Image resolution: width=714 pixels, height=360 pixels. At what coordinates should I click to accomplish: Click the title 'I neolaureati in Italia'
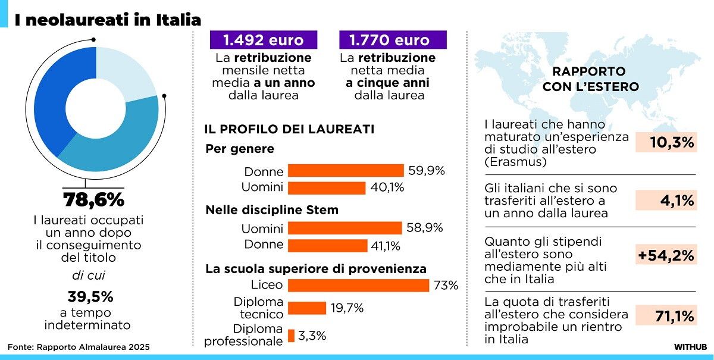108,20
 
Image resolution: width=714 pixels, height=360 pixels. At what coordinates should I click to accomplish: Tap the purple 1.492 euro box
264,40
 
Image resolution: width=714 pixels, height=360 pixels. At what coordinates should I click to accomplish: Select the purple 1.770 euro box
393,40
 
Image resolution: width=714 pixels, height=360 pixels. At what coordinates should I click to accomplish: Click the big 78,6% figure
94,199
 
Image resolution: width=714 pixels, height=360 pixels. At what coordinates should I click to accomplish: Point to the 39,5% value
90,296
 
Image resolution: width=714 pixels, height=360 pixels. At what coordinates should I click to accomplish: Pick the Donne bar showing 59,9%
346,171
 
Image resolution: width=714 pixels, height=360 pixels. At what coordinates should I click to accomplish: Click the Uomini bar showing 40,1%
326,188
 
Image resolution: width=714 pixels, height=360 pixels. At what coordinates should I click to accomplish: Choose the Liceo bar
358,285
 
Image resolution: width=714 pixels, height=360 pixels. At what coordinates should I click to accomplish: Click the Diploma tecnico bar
307,308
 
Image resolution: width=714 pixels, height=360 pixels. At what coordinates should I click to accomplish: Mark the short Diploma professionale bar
291,336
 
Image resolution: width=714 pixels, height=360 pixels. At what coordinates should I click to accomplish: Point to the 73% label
446,286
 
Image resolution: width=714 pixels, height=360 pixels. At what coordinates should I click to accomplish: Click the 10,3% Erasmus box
665,142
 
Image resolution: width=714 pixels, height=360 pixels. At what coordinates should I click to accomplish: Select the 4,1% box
665,201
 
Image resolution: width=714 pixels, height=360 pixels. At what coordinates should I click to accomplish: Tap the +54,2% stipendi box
665,256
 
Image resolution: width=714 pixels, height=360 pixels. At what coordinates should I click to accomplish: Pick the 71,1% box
665,315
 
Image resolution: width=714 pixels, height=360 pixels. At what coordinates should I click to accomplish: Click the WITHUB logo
690,346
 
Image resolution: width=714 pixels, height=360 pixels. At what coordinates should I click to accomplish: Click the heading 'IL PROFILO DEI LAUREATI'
289,129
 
